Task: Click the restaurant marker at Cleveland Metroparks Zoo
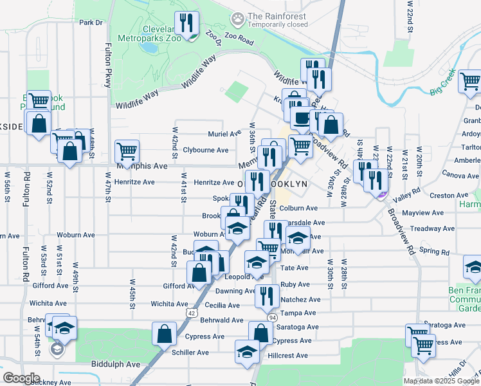pos(187,24)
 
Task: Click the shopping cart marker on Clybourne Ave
pos(127,151)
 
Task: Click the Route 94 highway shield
pos(272,317)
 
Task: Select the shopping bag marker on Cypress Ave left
pos(165,333)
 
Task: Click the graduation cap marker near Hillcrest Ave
pos(247,351)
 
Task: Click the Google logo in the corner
pos(21,378)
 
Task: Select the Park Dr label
pos(91,23)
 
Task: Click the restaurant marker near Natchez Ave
pos(267,296)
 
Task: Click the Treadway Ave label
pos(425,228)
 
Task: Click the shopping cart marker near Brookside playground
pos(39,100)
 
